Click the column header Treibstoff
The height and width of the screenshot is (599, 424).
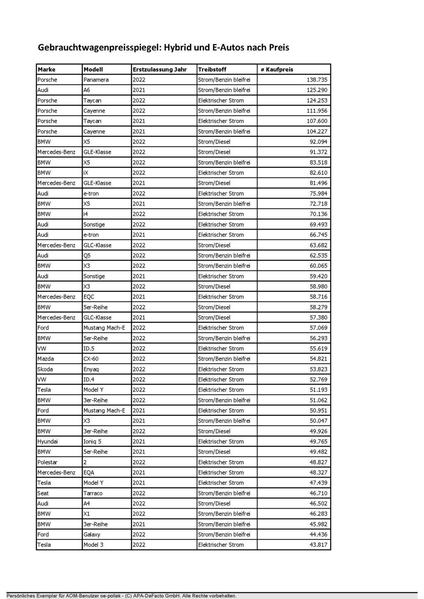pos(212,69)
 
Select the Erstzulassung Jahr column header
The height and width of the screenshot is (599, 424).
pos(159,69)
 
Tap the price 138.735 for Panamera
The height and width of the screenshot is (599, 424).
pos(317,80)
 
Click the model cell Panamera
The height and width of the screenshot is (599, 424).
pos(96,80)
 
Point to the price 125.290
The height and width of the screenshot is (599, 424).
pos(317,90)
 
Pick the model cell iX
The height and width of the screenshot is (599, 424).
pos(86,173)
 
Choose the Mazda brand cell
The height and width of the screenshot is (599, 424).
pos(45,359)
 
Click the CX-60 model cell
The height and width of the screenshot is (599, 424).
pos(91,359)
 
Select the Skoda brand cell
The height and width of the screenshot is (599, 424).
pos(45,369)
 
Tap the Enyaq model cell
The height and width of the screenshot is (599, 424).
pos(91,369)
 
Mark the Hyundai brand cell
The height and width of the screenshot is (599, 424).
pos(47,441)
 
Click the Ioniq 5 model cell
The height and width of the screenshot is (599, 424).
pos(92,441)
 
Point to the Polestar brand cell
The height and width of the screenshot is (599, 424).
pos(47,462)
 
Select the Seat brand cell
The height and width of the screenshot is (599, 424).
pos(43,493)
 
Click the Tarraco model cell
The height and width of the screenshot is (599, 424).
pos(93,493)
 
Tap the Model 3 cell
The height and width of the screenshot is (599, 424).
pos(93,545)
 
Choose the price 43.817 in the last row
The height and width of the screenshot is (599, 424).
pos(318,545)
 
